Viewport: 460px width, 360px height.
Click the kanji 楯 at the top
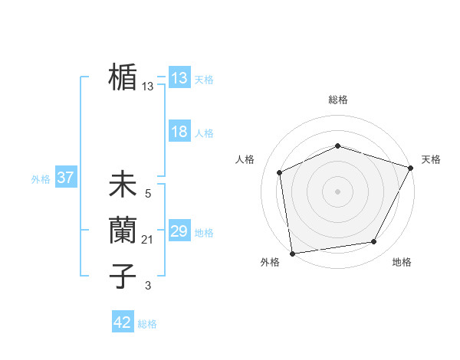coord(123,77)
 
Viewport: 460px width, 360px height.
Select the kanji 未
coord(123,185)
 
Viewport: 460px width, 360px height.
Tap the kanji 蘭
coord(123,231)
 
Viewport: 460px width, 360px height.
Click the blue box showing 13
coord(179,78)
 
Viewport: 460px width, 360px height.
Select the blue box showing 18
coord(179,132)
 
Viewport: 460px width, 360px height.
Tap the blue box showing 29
coord(179,231)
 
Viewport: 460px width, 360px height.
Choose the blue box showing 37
coord(65,178)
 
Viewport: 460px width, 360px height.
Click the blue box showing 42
coord(123,322)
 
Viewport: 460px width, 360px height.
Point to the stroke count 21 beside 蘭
coord(148,241)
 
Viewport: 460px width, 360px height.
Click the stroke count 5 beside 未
coord(148,195)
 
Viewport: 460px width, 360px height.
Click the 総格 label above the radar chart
coord(338,100)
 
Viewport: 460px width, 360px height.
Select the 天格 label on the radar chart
coord(431,159)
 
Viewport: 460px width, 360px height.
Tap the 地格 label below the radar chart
coord(402,263)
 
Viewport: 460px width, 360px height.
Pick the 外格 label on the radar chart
coord(270,263)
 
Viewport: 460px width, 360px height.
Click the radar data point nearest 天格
coord(411,168)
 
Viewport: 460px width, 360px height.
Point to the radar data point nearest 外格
coord(292,253)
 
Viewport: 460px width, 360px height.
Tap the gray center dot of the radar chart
coord(338,191)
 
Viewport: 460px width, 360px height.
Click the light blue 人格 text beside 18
coord(204,133)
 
